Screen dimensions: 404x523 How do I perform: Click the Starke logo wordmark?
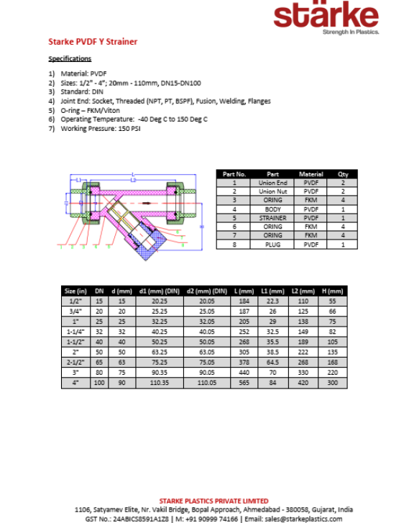326,17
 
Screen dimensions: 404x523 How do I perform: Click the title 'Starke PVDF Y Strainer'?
93,42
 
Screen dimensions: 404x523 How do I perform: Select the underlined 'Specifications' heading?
70,58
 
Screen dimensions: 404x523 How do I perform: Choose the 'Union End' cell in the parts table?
272,183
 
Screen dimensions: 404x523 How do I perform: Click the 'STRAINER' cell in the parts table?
272,218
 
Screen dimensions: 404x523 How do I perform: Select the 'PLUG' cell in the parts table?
272,245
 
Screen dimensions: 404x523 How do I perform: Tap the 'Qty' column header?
342,174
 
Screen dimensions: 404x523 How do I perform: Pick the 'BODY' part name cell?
272,209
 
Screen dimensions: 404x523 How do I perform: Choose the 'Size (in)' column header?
75,291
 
